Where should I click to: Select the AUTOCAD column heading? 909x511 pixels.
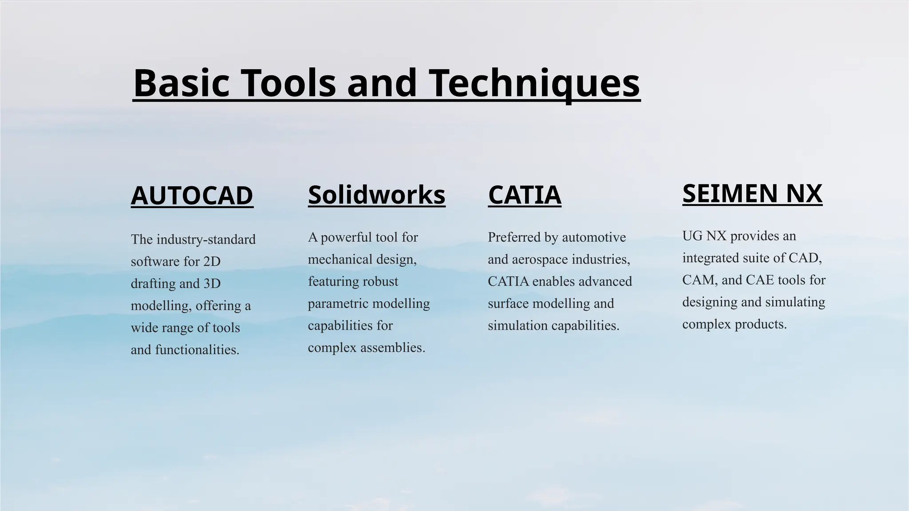pyautogui.click(x=192, y=196)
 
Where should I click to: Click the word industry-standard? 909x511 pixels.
pyautogui.click(x=206, y=240)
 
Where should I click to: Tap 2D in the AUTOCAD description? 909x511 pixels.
pyautogui.click(x=212, y=262)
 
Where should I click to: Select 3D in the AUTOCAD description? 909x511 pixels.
pyautogui.click(x=212, y=284)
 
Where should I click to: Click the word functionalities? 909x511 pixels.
pyautogui.click(x=197, y=350)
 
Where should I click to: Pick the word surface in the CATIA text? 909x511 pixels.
pyautogui.click(x=508, y=304)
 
